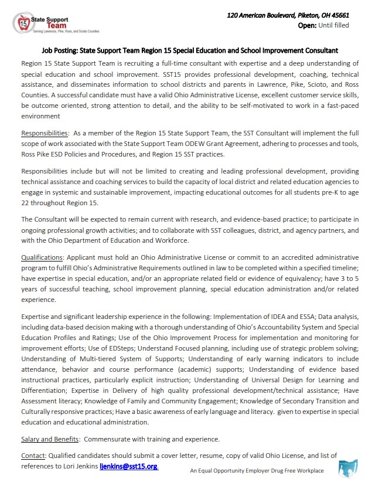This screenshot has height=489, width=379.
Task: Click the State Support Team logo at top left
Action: point(40,24)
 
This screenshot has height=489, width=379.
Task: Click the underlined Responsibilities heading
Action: point(45,134)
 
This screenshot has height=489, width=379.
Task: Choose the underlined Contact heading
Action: point(33,455)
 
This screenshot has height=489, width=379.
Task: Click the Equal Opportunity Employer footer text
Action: point(257,470)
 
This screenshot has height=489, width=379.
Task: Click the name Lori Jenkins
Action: point(78,466)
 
